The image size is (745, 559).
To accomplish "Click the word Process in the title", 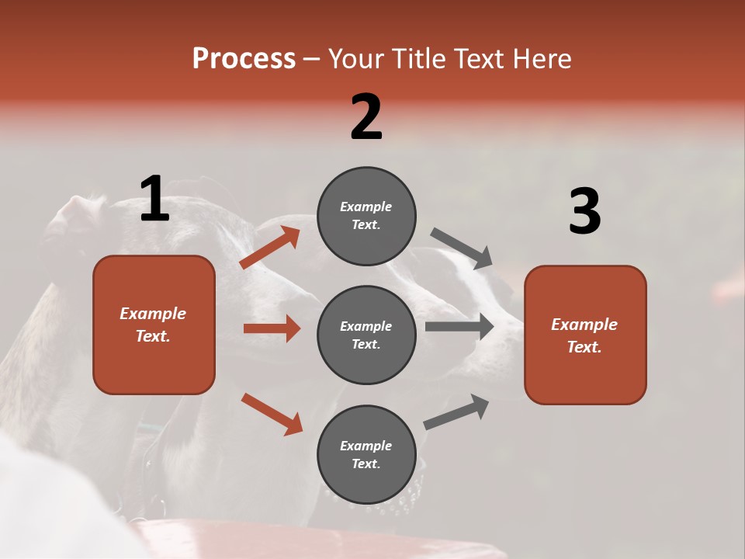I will click(x=244, y=59).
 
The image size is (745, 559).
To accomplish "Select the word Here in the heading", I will click(x=542, y=59).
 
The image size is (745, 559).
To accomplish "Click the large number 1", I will click(x=154, y=199).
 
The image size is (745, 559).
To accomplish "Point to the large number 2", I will click(x=366, y=116).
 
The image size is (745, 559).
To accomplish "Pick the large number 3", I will click(x=584, y=211).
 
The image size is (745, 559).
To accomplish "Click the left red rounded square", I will click(x=154, y=325).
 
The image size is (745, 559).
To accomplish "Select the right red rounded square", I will click(x=585, y=335).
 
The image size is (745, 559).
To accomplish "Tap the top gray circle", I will click(x=366, y=216).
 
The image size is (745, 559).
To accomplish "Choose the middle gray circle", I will click(x=366, y=335).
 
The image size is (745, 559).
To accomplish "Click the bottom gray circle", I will click(x=366, y=454).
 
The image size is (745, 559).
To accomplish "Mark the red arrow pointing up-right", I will click(x=270, y=248).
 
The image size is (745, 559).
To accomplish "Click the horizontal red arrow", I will click(x=272, y=328).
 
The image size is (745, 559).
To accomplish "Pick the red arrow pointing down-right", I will click(x=272, y=414).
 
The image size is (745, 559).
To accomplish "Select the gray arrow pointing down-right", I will click(x=463, y=248).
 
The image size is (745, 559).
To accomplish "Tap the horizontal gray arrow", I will click(x=459, y=326).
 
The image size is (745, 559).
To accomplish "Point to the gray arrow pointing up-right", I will click(x=456, y=411).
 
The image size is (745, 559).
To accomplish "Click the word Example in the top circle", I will click(x=366, y=207).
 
